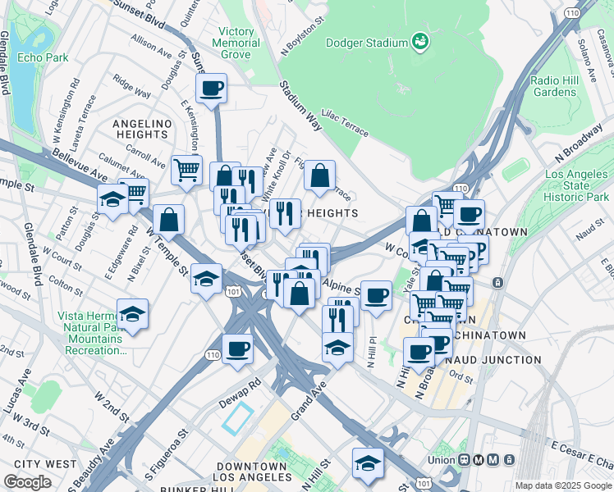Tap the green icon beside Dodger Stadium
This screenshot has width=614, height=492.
coord(419,40)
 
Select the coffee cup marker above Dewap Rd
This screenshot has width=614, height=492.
coord(237,348)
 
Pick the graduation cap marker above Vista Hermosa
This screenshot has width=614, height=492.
coord(132,314)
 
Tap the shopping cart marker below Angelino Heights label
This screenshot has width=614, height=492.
coord(186,171)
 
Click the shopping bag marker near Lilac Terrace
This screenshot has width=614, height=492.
coord(319,175)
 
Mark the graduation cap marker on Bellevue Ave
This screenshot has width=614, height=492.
coord(112,199)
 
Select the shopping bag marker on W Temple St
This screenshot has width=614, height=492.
coord(168,220)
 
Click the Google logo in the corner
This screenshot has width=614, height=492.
coord(27,482)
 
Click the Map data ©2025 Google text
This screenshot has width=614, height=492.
coord(562,485)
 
